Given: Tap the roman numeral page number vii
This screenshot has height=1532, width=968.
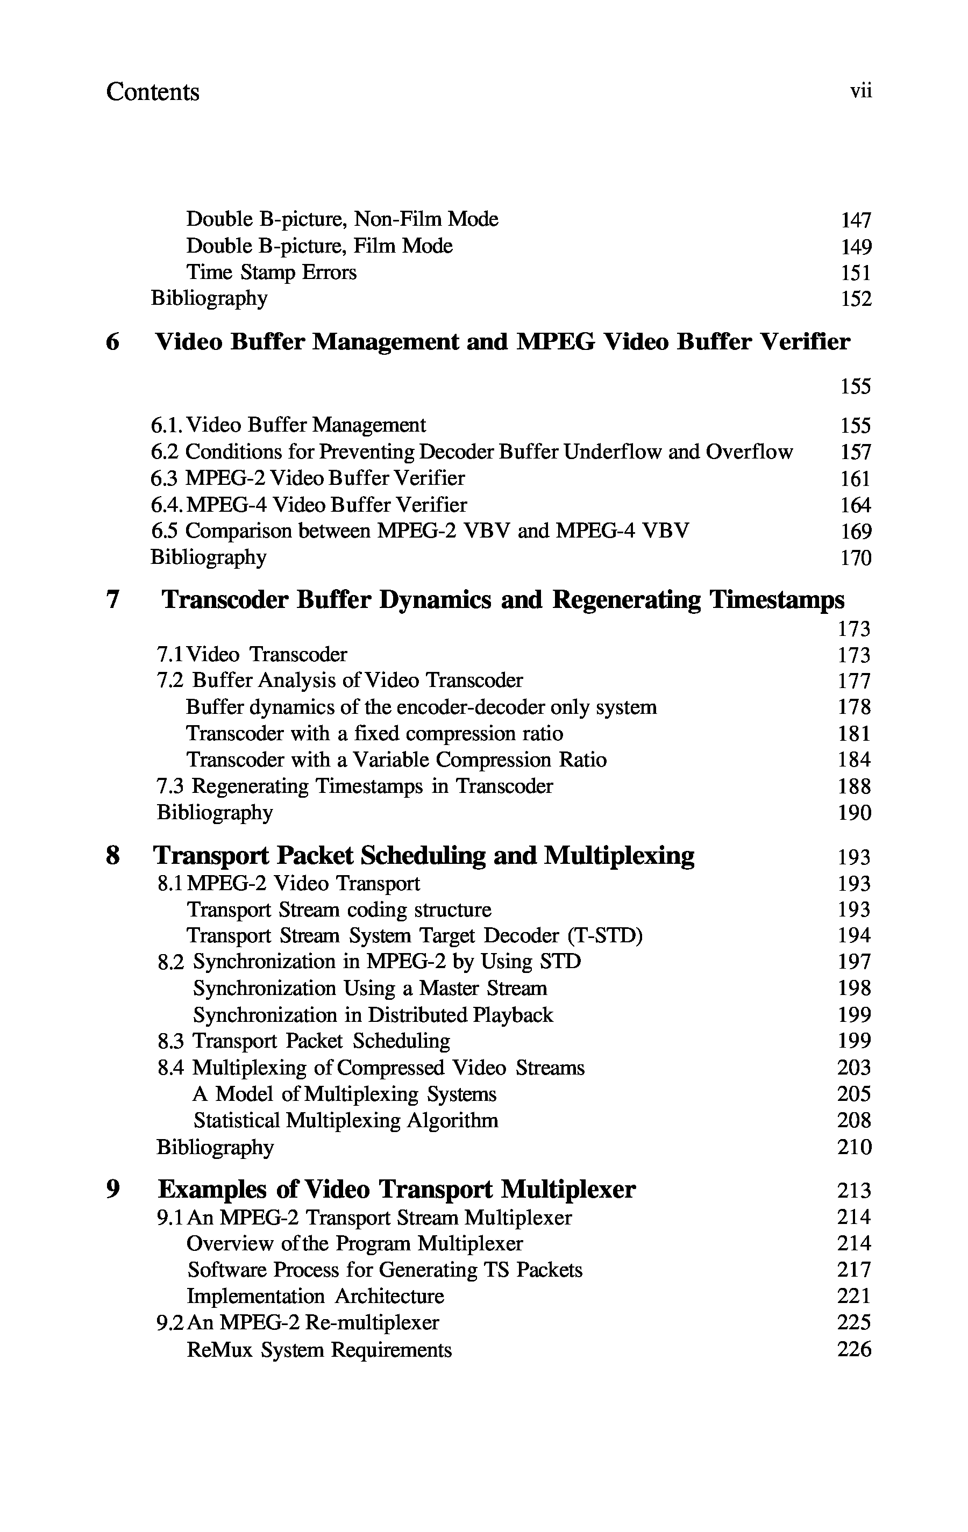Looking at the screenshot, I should pos(860,91).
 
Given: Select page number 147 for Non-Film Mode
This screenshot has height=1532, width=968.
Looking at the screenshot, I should pos(856,220).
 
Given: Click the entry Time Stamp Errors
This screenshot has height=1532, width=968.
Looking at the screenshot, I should pos(271,273).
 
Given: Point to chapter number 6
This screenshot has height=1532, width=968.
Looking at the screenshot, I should pos(112,342).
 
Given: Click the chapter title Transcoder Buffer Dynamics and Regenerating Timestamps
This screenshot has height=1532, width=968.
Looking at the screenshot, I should pos(503,599).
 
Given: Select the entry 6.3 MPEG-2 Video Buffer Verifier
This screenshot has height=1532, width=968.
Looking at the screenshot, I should pos(308,478).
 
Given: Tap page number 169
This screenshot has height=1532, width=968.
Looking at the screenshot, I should pos(856,531).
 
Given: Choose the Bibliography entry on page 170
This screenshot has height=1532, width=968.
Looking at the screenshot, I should pos(209,557).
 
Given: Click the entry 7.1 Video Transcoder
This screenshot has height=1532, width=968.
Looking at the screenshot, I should pos(252,654).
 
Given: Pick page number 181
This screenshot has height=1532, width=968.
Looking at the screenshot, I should pos(855,734).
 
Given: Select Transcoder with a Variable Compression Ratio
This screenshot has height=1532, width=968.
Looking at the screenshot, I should pos(396,760).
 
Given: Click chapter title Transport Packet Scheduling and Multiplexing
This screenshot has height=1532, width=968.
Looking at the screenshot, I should pos(424,856).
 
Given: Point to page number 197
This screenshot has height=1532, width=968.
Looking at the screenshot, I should pos(855,962).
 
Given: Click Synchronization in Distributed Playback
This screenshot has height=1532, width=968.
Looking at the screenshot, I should pos(373,1015).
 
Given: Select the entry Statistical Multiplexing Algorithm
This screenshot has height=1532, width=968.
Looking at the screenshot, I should pos(346,1120).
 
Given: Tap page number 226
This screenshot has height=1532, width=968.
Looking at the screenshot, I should pos(855,1349).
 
